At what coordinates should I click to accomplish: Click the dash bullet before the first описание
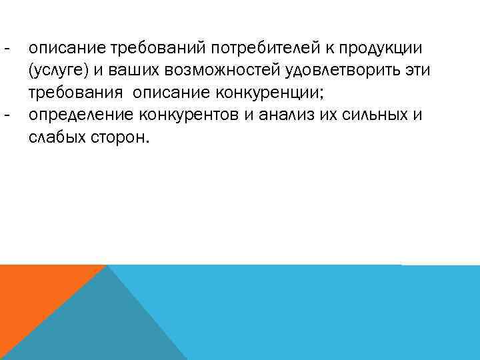click(x=7, y=49)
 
